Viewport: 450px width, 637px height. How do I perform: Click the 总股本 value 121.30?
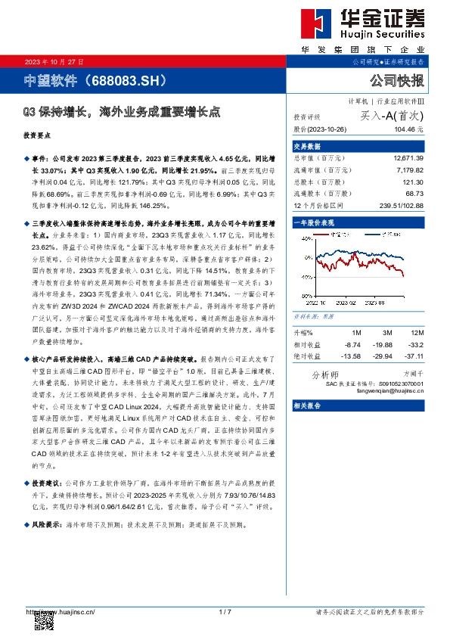(413, 182)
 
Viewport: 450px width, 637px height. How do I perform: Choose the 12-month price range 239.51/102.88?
(403, 205)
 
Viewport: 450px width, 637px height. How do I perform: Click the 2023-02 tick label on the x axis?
(347, 302)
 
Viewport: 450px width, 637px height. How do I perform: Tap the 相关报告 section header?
(307, 406)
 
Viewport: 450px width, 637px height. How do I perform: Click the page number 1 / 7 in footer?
(225, 611)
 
